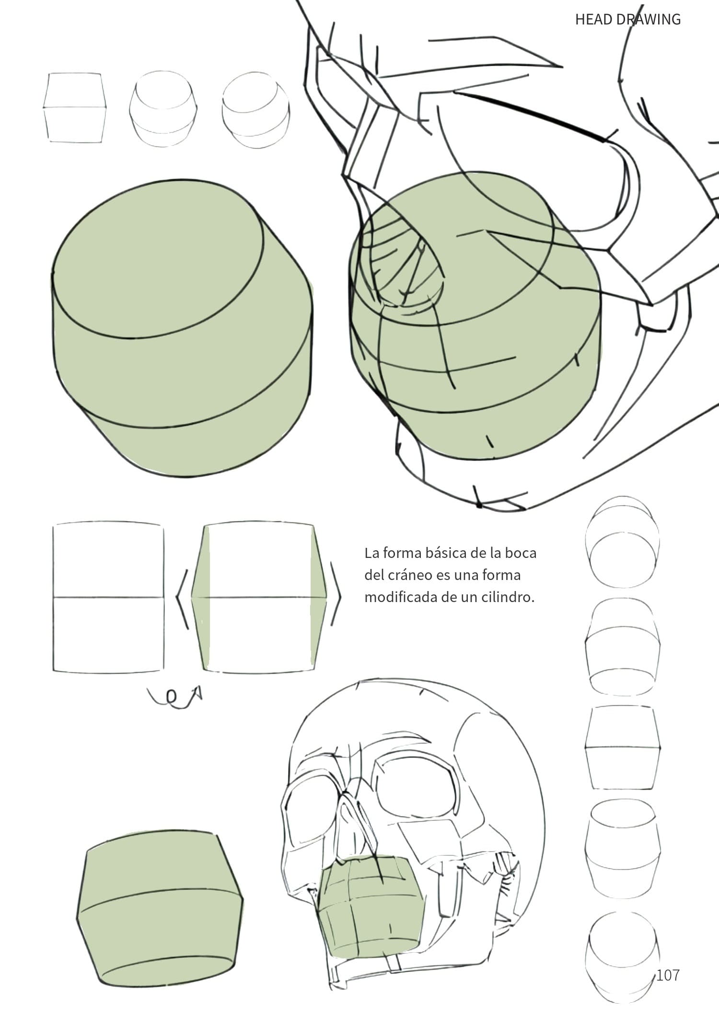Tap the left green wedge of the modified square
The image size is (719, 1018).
click(x=201, y=598)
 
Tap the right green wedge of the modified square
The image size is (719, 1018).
click(x=318, y=598)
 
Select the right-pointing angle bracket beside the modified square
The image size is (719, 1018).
click(x=336, y=597)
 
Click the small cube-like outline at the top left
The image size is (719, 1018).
click(x=75, y=107)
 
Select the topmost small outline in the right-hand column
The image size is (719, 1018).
click(x=622, y=542)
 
